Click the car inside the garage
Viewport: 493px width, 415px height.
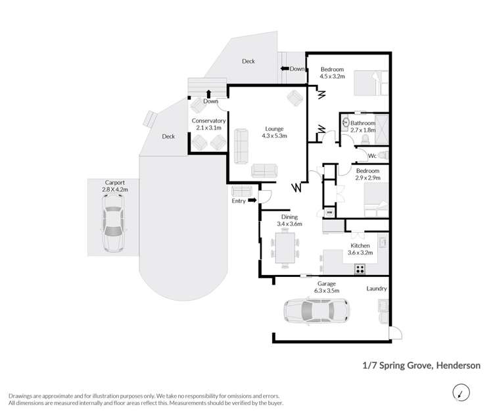click(x=315, y=310)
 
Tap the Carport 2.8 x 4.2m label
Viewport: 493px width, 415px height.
click(x=116, y=186)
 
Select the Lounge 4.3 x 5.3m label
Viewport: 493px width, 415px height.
click(x=274, y=132)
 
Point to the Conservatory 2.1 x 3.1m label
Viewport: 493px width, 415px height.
click(x=208, y=124)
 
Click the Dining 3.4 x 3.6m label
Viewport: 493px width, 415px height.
click(x=289, y=220)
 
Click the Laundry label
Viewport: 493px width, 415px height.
click(x=377, y=288)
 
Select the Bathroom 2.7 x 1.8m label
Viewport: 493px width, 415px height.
click(x=362, y=126)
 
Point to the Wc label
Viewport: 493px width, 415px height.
click(x=371, y=156)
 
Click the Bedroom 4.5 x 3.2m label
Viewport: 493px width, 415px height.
click(x=332, y=72)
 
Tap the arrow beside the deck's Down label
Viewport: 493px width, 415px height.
click(x=286, y=68)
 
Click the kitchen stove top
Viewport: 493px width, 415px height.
click(x=360, y=268)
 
